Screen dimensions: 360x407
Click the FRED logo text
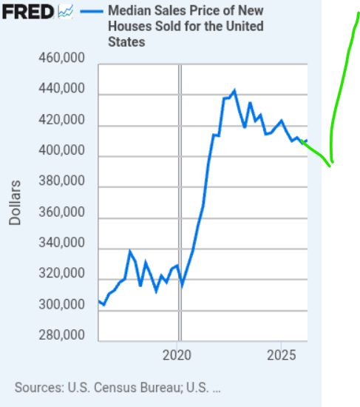[x=28, y=12]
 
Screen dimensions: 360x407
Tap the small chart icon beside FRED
[x=65, y=12]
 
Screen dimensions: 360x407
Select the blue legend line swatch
[x=92, y=11]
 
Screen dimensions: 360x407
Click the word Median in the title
[x=129, y=11]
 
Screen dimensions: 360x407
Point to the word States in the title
[x=126, y=42]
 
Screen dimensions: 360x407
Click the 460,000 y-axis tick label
[x=62, y=58]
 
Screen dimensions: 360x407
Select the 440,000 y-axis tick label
[x=62, y=89]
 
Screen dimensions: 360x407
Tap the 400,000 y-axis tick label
[x=62, y=150]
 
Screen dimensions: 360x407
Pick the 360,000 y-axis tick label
[x=62, y=212]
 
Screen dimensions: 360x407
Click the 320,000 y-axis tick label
[x=62, y=273]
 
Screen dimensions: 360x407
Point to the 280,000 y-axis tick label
[x=62, y=335]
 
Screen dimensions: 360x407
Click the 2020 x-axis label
[x=177, y=355]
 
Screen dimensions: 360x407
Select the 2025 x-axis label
[x=282, y=355]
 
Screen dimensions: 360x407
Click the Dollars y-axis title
[x=15, y=203]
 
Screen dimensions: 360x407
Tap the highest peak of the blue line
[x=234, y=91]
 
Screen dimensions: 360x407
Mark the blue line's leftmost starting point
[x=99, y=301]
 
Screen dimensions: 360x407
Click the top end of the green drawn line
[x=359, y=13]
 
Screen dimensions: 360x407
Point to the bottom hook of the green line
[x=330, y=166]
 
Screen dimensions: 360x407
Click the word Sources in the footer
[x=39, y=388]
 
